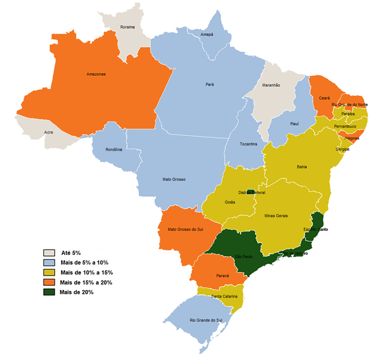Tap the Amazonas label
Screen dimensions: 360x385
coord(96,74)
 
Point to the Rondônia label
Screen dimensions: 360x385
coord(114,149)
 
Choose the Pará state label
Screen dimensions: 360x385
coord(210,85)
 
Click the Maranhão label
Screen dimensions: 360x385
coord(271,85)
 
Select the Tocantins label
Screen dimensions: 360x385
coord(248,144)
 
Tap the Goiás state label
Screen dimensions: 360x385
coord(230,202)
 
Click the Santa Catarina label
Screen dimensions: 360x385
coord(226,296)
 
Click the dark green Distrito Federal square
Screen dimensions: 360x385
coord(250,192)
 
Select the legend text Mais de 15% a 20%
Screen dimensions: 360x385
coord(86,282)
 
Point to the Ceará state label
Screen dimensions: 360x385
coord(324,98)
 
